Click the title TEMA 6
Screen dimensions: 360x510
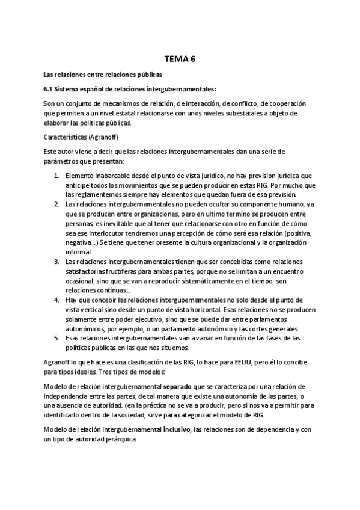pos(180,59)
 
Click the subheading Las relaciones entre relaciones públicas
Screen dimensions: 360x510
pos(103,75)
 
